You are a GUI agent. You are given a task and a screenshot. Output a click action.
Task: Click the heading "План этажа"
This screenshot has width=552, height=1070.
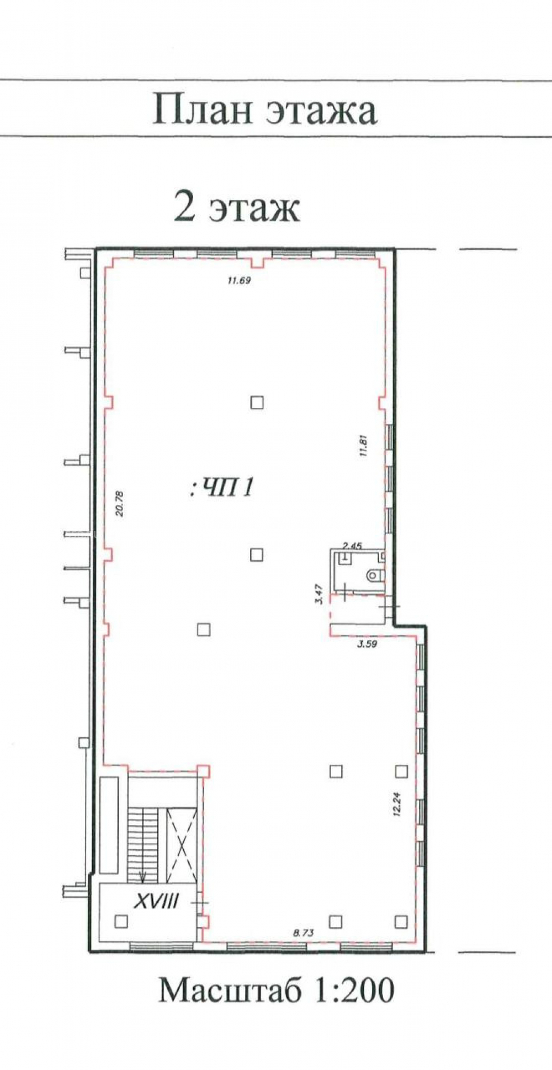(264, 109)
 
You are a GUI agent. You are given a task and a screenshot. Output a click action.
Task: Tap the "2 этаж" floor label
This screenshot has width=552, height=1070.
(237, 207)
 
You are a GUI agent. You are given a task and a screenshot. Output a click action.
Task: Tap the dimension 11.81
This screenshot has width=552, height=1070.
(363, 447)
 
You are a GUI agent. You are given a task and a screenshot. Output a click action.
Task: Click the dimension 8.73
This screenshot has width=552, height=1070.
(303, 933)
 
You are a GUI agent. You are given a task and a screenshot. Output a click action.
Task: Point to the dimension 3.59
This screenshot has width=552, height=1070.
(367, 643)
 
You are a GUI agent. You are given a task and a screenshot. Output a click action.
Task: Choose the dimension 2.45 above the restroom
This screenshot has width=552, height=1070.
(352, 546)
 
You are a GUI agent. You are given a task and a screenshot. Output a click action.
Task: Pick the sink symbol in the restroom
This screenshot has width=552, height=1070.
(345, 557)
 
